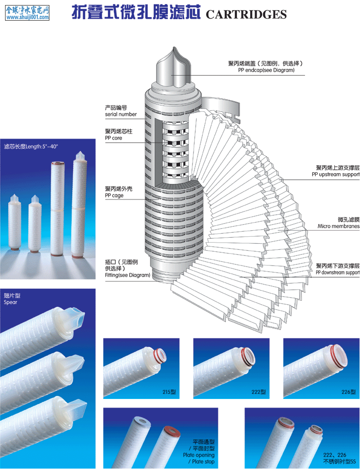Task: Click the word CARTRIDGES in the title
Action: (246, 14)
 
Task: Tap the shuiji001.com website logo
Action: (27, 13)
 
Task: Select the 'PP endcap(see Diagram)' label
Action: (266, 71)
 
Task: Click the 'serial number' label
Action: (121, 114)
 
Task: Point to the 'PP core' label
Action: (113, 138)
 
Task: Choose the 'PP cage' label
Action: (114, 195)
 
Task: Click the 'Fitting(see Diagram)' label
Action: (128, 275)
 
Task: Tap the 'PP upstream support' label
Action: (335, 174)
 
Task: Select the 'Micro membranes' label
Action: (338, 226)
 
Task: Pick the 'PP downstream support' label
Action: (337, 273)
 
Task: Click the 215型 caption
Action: (169, 392)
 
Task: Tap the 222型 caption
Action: (259, 392)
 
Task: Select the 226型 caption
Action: (348, 392)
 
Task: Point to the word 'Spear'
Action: (11, 302)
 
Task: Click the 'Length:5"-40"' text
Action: (42, 147)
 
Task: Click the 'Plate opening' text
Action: (199, 455)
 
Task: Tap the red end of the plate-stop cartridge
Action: (172, 432)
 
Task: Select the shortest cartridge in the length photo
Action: (14, 222)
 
